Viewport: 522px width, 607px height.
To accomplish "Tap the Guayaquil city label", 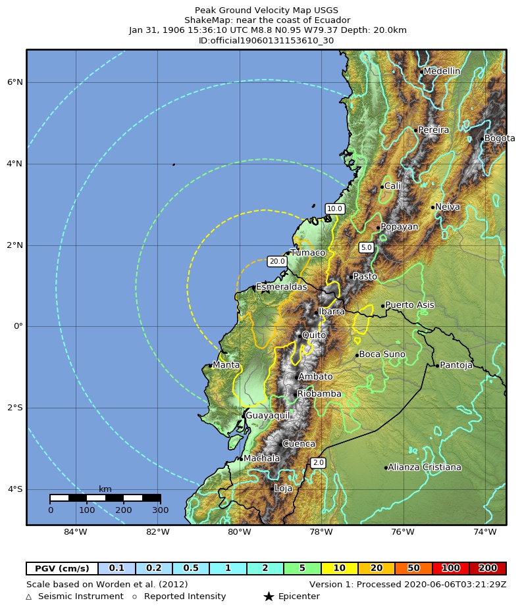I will tap(267, 416).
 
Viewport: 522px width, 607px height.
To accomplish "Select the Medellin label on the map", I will tap(442, 71).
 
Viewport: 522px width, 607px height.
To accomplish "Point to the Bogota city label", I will tap(500, 139).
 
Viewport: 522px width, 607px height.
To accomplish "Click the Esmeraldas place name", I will tap(281, 287).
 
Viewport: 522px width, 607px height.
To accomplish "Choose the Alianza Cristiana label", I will tap(424, 468).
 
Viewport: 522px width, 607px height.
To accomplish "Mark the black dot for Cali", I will tap(382, 187).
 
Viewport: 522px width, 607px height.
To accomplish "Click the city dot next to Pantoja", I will tap(437, 366).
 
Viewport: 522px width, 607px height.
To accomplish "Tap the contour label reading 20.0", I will tap(277, 261).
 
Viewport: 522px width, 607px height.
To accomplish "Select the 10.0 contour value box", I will tap(334, 209).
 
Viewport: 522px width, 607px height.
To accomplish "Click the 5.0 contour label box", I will tap(367, 247).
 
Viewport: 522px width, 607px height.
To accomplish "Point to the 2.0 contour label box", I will tap(318, 463).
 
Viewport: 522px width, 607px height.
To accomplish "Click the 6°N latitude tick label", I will tap(15, 82).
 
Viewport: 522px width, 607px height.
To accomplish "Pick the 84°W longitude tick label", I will tap(76, 532).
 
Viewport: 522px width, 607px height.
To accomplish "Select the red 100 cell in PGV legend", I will tap(451, 568).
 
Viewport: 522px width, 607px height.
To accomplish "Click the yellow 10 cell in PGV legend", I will tap(340, 568).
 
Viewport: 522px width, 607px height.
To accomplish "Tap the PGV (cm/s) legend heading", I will tap(62, 568).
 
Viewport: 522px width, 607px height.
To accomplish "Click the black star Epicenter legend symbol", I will tap(269, 596).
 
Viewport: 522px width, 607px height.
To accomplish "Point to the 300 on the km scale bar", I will tap(160, 510).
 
